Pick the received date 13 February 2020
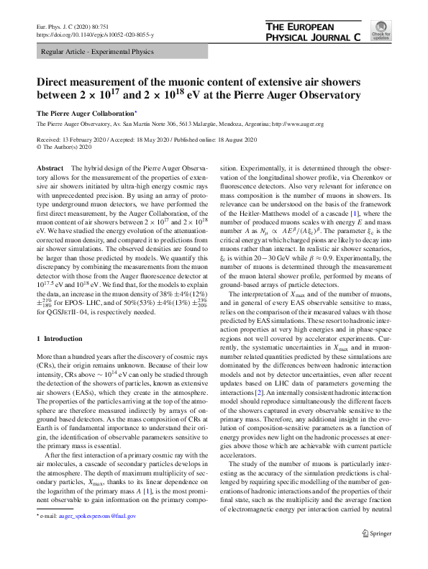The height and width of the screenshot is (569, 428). [x=85, y=137]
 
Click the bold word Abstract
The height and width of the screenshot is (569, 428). [x=50, y=166]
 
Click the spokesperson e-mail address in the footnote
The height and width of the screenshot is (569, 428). [x=98, y=537]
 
